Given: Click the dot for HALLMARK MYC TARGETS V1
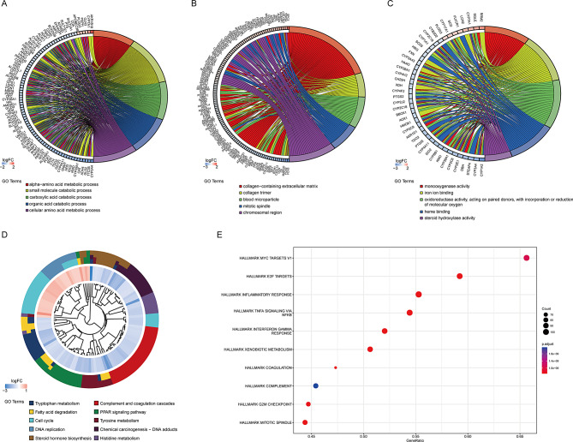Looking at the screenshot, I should (526, 258).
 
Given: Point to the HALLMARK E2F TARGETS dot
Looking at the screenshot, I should (460, 276).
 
